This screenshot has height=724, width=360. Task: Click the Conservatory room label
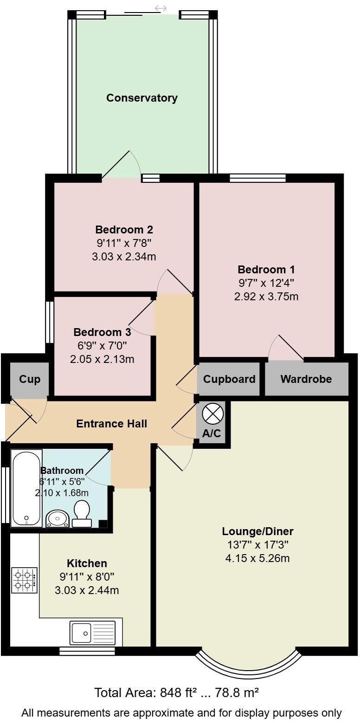(141, 98)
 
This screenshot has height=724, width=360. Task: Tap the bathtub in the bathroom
(26, 487)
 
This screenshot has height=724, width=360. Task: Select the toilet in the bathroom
(82, 513)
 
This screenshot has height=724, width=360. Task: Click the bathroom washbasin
(58, 518)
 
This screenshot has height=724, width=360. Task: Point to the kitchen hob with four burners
(25, 581)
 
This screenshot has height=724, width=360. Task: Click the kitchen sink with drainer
(92, 633)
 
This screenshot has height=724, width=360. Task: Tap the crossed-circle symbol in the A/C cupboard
(213, 414)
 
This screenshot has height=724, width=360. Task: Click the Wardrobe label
(306, 379)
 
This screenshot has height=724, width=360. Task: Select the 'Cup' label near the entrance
(30, 379)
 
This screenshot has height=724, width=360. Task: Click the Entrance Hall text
(111, 423)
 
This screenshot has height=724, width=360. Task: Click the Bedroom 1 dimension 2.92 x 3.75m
(266, 297)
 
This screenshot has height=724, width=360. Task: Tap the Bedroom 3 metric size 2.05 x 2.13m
(102, 359)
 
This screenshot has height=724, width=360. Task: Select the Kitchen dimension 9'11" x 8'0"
(87, 577)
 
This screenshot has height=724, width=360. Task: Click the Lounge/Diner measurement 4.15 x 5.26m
(257, 558)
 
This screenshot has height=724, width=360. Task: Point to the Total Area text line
(176, 693)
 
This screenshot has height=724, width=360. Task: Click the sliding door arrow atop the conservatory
(161, 8)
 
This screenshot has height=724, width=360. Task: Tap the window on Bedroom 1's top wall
(257, 178)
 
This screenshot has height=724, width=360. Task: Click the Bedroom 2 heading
(124, 229)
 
